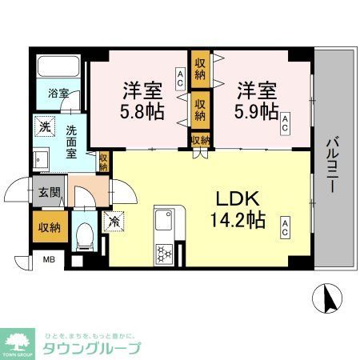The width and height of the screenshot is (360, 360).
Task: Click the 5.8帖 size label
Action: coord(144,110)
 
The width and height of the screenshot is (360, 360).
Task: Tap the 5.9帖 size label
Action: coord(256,110)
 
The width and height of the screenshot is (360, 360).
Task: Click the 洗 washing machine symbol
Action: coord(45,126)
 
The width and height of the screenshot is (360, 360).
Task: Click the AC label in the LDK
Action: coord(284,228)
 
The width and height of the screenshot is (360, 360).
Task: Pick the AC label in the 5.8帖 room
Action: coord(181,78)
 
